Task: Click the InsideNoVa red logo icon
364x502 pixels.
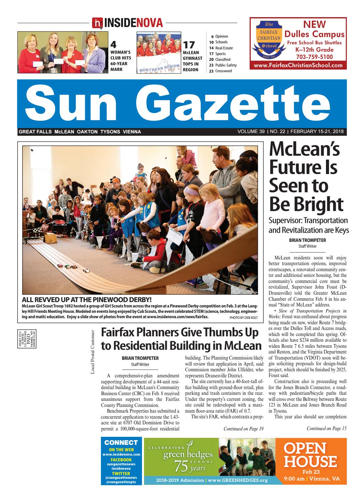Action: click(x=97, y=23)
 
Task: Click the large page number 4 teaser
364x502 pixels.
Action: click(x=114, y=45)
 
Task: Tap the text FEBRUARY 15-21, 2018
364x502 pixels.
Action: click(x=317, y=132)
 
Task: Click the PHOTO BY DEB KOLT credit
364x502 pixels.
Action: click(x=243, y=317)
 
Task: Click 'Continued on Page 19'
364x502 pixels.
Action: click(x=243, y=428)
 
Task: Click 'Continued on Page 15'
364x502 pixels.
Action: click(x=326, y=428)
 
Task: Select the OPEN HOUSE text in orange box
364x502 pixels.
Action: click(x=310, y=455)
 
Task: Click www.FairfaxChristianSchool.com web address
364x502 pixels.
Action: click(x=298, y=66)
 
